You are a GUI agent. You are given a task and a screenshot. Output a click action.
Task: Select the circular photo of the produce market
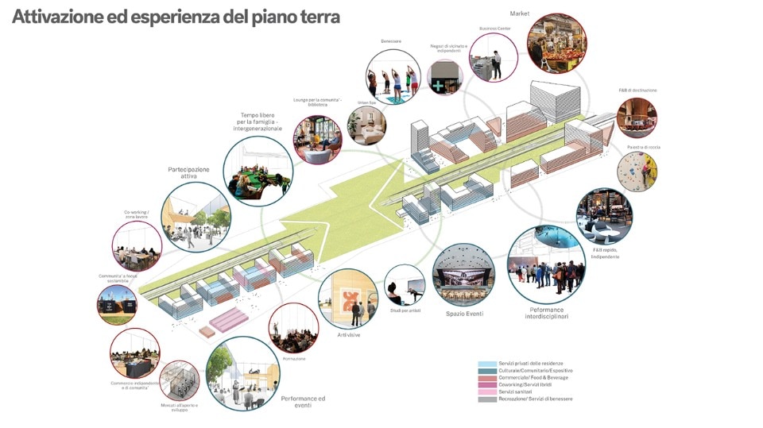[x=556, y=44]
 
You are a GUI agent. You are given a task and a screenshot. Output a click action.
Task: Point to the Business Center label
[x=494, y=28]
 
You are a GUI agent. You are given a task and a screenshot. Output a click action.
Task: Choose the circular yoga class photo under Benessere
[x=393, y=77]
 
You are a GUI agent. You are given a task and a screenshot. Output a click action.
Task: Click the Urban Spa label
[x=366, y=102]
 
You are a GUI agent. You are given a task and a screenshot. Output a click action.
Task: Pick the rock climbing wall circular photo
[x=637, y=172]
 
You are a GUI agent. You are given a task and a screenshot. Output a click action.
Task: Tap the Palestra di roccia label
[x=643, y=147]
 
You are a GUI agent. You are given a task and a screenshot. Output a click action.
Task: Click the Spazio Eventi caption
[x=463, y=314]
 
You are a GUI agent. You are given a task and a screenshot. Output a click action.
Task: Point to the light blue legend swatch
[x=486, y=363]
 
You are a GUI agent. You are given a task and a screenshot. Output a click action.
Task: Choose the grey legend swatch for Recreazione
[x=486, y=399]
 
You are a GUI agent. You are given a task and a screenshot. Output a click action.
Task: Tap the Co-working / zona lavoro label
[x=136, y=215]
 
